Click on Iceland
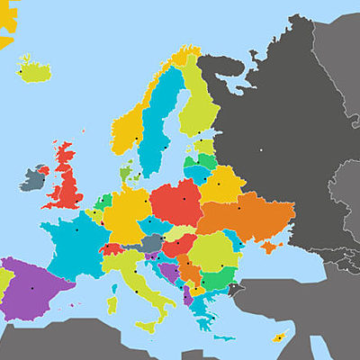click(34, 70)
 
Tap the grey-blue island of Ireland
click(31, 177)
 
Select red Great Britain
click(66, 180)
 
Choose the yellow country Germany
click(130, 211)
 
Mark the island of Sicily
click(146, 324)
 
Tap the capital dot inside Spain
click(32, 288)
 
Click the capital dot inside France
click(76, 229)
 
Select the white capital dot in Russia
click(258, 150)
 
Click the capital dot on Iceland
click(21, 72)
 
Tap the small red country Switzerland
click(112, 249)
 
